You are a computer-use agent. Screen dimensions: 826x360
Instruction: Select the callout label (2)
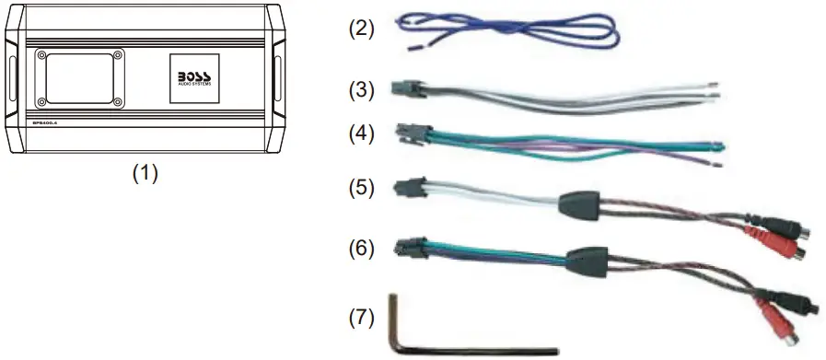(x=361, y=28)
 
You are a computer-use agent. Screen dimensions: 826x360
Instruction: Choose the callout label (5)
(x=361, y=189)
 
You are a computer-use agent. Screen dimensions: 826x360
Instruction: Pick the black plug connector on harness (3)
(x=404, y=90)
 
